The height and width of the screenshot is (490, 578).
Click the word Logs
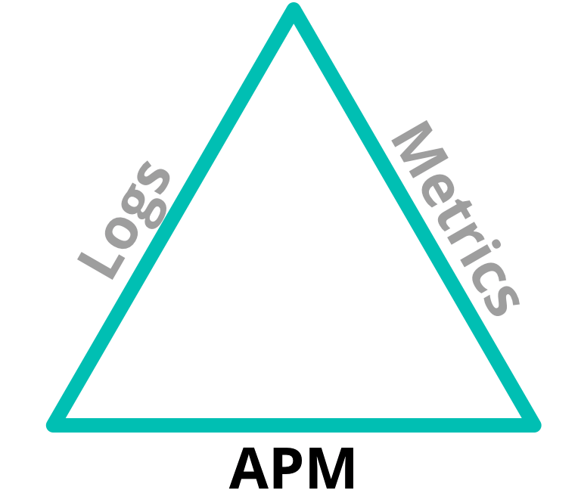pyautogui.click(x=124, y=220)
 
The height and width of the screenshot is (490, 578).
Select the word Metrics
pyautogui.click(x=455, y=218)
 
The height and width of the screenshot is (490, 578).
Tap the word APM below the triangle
pyautogui.click(x=291, y=468)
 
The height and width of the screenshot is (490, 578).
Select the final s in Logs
pyautogui.click(x=154, y=178)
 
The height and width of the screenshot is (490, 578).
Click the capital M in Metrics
pyautogui.click(x=419, y=149)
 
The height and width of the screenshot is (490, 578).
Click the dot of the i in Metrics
pyautogui.click(x=496, y=244)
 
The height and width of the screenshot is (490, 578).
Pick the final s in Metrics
pyautogui.click(x=502, y=299)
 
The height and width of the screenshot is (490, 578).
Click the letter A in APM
pyautogui.click(x=248, y=468)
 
